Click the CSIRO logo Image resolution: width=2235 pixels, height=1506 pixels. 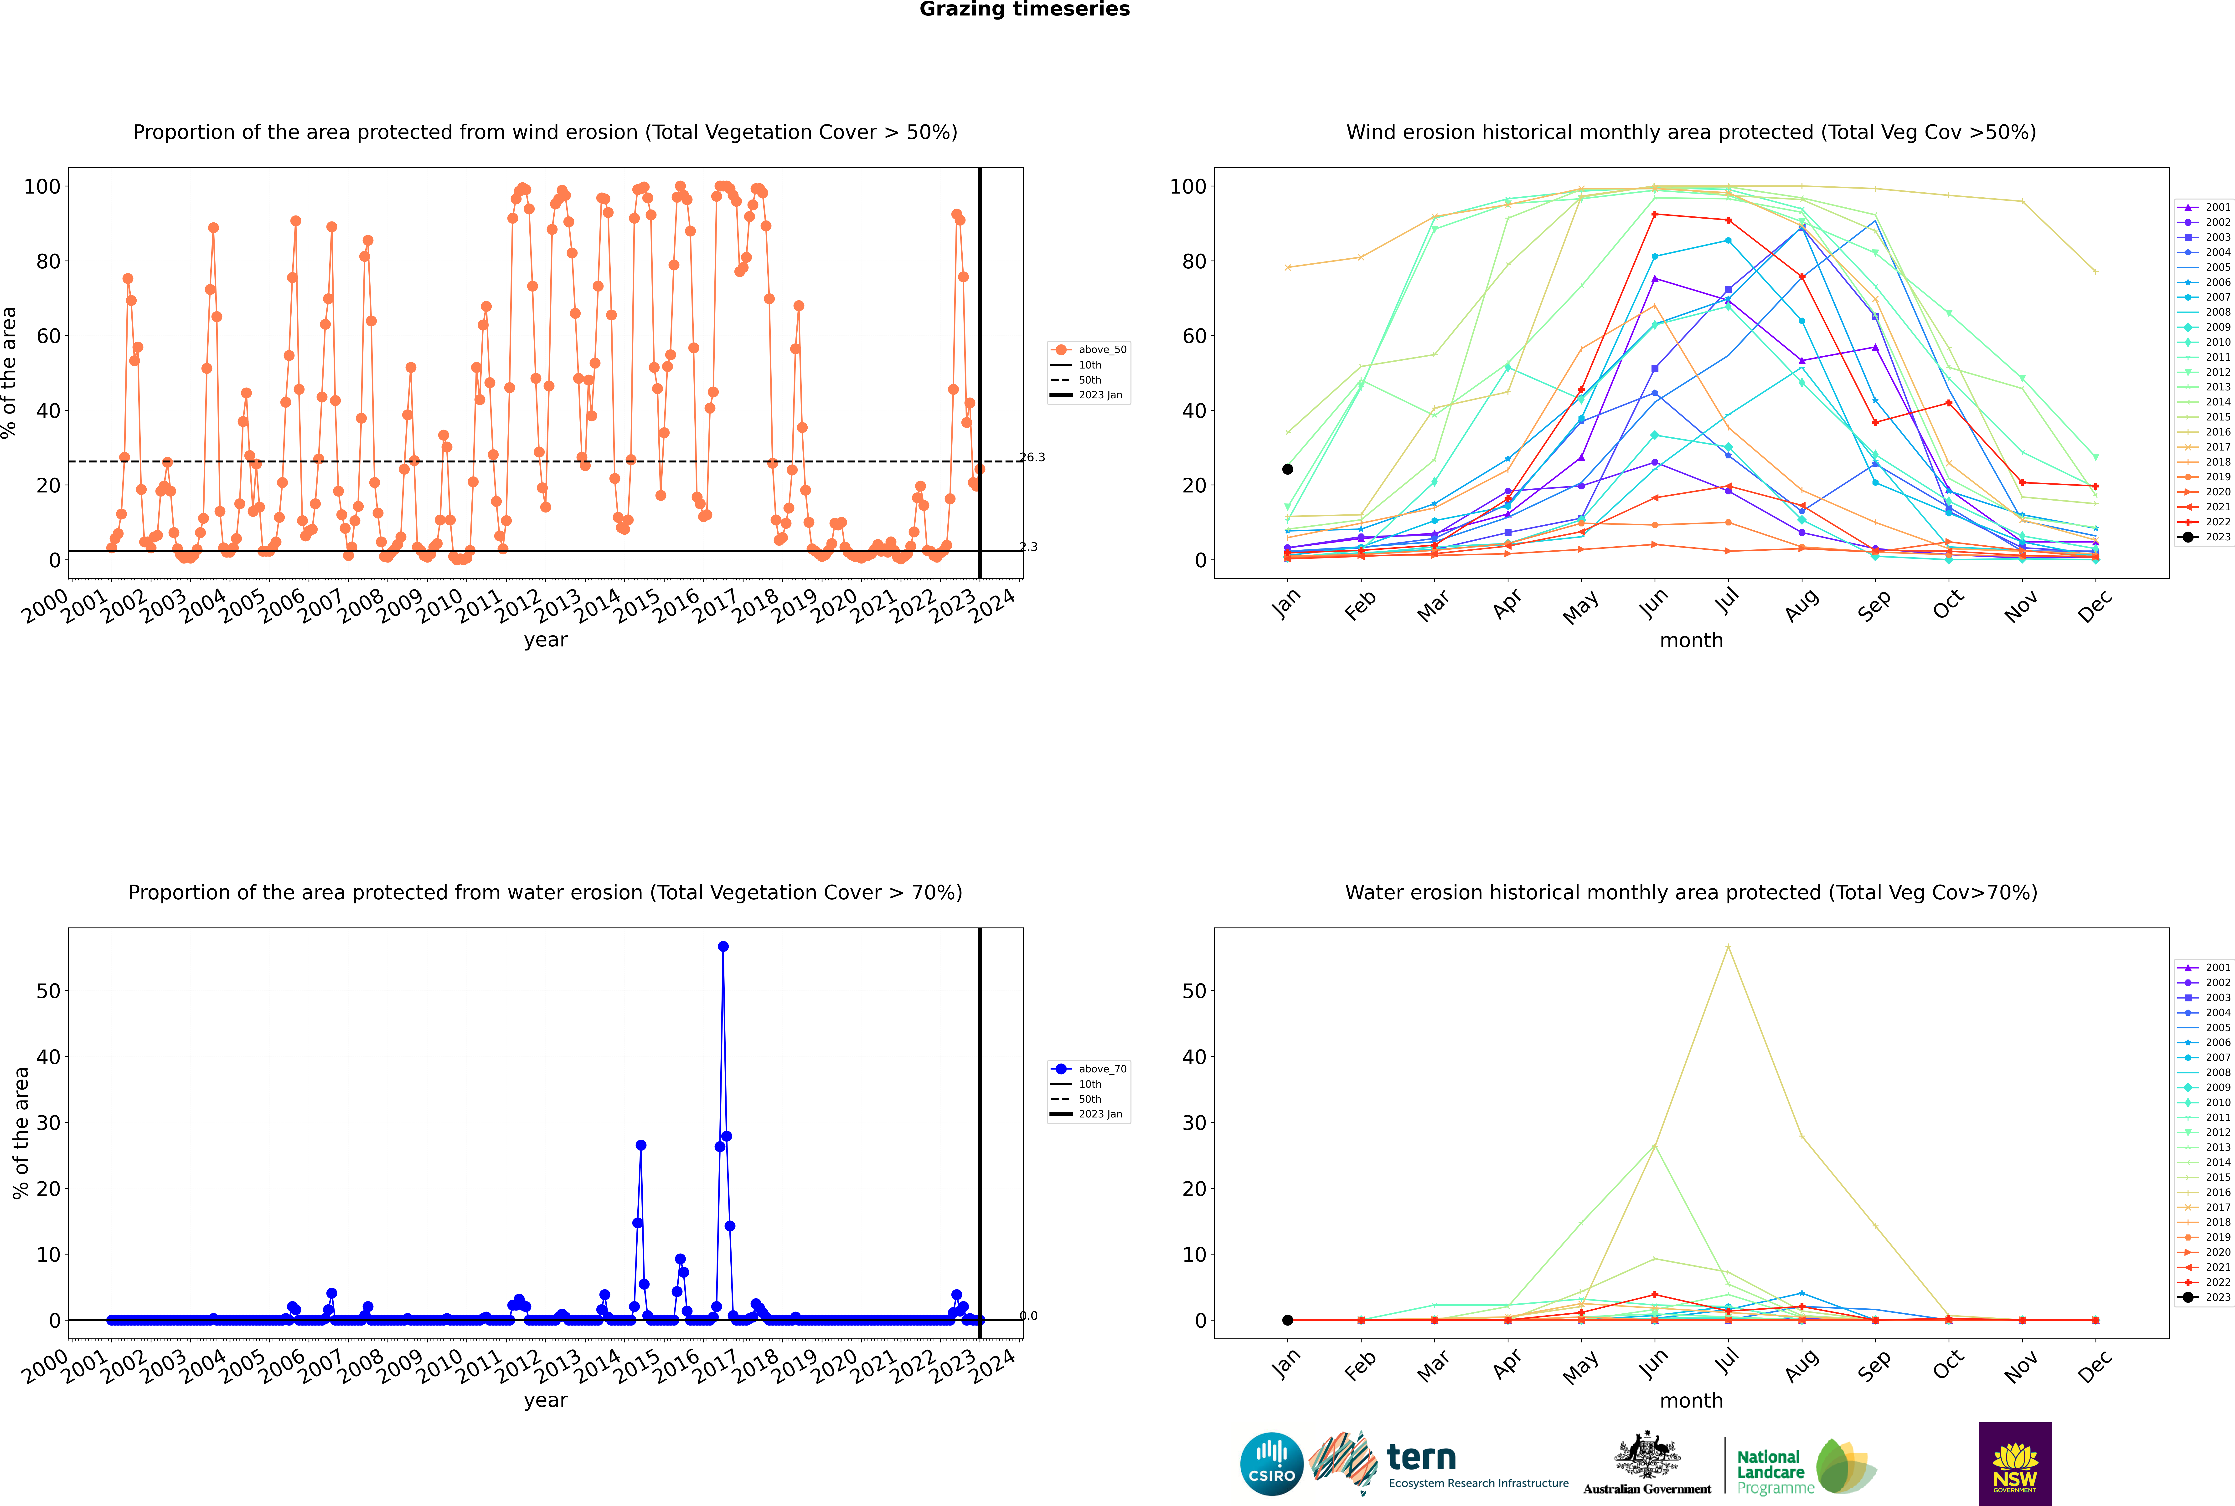1271,1464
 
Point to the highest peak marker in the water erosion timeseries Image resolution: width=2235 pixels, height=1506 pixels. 723,946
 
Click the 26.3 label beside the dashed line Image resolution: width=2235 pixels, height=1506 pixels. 1032,457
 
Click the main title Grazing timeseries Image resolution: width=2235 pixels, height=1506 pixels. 1024,10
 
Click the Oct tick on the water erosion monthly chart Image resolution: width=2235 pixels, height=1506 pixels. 1948,1364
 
